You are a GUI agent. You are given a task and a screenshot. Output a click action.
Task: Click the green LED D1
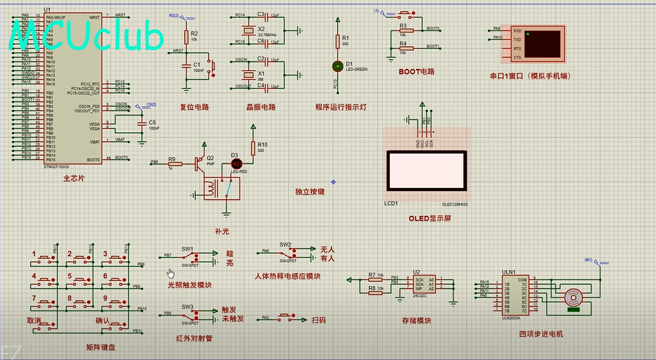click(x=337, y=66)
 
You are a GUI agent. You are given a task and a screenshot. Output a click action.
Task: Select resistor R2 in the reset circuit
click(x=186, y=37)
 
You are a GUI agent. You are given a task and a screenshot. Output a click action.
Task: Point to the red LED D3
click(x=235, y=164)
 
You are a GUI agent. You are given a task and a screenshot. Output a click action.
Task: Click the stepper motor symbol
click(x=572, y=298)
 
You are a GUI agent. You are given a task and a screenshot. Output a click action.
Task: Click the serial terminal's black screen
click(x=543, y=44)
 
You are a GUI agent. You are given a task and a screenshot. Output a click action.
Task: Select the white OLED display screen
click(x=425, y=171)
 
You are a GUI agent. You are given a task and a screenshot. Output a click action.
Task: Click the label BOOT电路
click(x=416, y=72)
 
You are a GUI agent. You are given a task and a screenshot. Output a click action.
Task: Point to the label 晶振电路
click(x=261, y=107)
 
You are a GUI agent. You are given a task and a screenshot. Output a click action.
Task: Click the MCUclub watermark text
click(x=87, y=37)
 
